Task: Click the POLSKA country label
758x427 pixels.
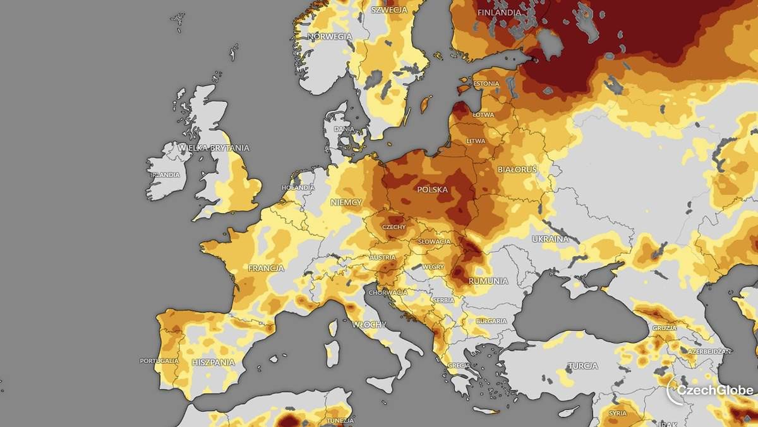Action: pyautogui.click(x=433, y=189)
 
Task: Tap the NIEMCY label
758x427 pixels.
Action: pyautogui.click(x=346, y=202)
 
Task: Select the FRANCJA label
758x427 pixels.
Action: pyautogui.click(x=266, y=268)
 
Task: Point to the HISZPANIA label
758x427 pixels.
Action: pyautogui.click(x=214, y=362)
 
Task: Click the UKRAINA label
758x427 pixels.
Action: pyautogui.click(x=546, y=239)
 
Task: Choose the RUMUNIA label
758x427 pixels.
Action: pyautogui.click(x=488, y=281)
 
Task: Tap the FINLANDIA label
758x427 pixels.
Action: pyautogui.click(x=499, y=13)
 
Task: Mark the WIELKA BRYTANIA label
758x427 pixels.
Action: pyautogui.click(x=214, y=148)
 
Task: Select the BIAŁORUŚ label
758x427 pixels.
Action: pyautogui.click(x=517, y=170)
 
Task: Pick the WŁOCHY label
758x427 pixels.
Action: pyautogui.click(x=370, y=325)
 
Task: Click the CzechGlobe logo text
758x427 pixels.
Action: pyautogui.click(x=714, y=390)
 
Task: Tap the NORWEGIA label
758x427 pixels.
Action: pyautogui.click(x=330, y=37)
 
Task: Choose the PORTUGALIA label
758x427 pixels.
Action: pyautogui.click(x=159, y=361)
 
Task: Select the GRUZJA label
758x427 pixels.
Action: pyautogui.click(x=665, y=328)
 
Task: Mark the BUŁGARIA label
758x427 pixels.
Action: pyautogui.click(x=491, y=321)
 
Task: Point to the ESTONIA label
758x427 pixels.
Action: pyautogui.click(x=486, y=84)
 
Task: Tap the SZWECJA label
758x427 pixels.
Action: pyautogui.click(x=389, y=10)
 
